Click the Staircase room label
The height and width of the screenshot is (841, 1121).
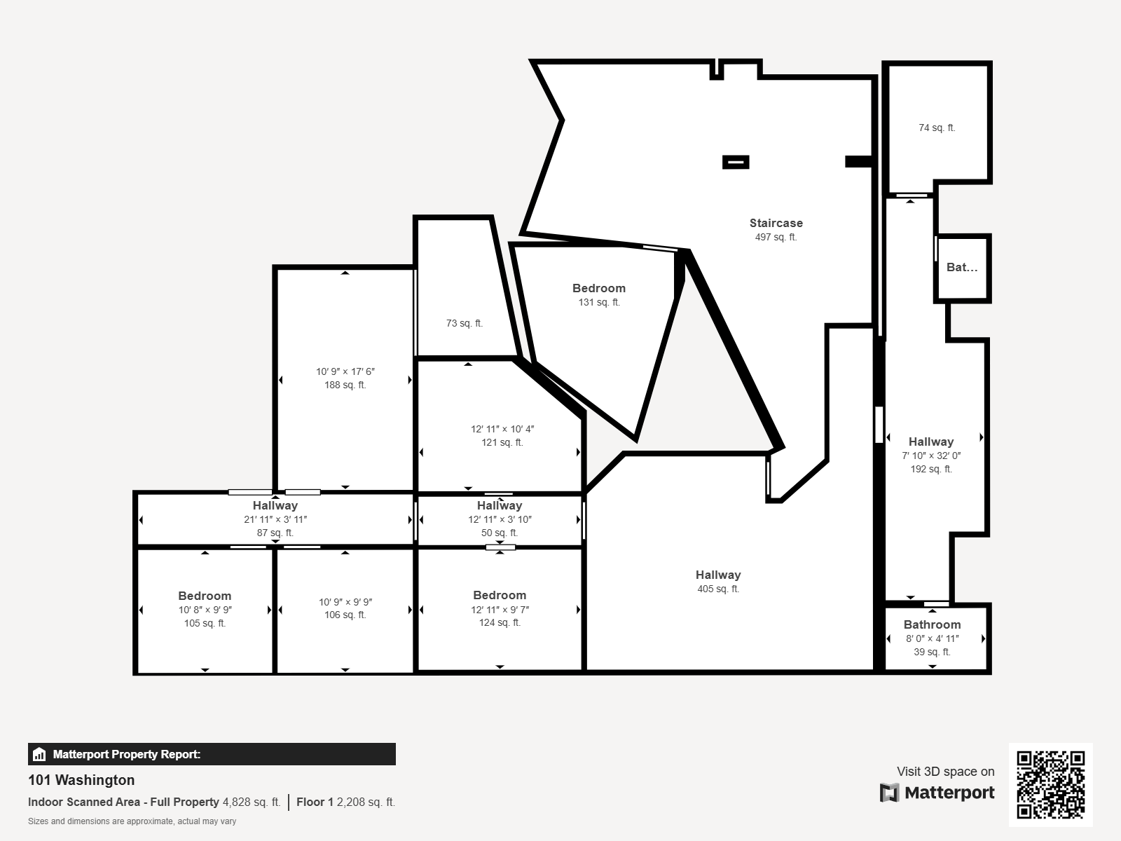point(776,223)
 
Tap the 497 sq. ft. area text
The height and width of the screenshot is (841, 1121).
point(776,237)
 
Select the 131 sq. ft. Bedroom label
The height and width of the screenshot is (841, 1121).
point(598,289)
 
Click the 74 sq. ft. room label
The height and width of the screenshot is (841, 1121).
point(937,128)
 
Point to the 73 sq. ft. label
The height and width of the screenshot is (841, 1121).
point(465,323)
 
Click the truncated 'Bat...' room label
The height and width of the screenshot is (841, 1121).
point(962,267)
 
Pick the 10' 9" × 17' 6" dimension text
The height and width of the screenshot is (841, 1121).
point(345,371)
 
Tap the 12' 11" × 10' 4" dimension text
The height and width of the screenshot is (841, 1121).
point(502,430)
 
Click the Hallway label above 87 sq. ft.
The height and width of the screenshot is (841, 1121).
point(275,505)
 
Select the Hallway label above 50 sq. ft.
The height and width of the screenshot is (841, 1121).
point(500,505)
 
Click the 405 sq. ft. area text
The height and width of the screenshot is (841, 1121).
point(718,589)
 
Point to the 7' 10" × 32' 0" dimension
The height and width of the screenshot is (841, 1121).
point(931,456)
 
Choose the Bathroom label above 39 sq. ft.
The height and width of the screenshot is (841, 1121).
point(932,624)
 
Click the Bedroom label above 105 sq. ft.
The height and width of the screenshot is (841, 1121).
point(205,596)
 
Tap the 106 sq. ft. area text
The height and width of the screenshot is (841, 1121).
point(345,615)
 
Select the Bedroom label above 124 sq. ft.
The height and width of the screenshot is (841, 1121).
point(500,596)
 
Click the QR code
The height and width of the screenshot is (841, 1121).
point(1050,785)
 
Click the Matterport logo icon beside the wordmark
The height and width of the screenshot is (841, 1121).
point(889,793)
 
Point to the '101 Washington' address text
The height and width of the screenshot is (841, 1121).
point(81,780)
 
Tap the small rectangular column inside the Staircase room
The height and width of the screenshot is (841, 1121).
point(736,162)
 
